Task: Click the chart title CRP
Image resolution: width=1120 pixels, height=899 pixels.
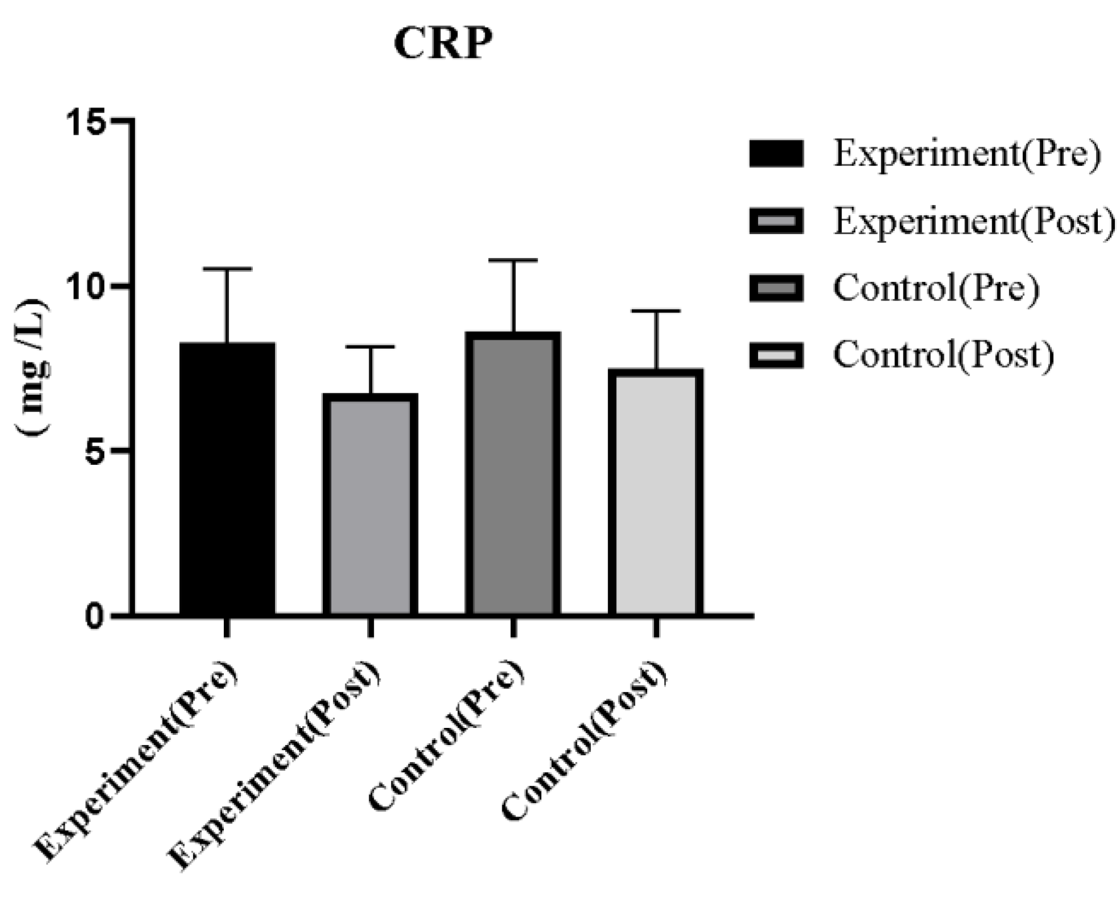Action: pyautogui.click(x=443, y=43)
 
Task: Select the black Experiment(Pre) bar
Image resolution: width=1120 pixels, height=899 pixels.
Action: pyautogui.click(x=227, y=477)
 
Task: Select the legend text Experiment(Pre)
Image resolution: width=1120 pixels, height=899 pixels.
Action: pyautogui.click(x=966, y=153)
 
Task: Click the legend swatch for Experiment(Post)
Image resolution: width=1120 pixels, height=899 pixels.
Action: pyautogui.click(x=776, y=221)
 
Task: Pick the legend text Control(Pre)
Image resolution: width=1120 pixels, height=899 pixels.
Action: pyautogui.click(x=935, y=288)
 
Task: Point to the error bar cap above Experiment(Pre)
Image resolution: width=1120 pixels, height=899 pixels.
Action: pyautogui.click(x=227, y=269)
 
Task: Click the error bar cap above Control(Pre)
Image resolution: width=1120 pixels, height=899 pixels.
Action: pyautogui.click(x=513, y=260)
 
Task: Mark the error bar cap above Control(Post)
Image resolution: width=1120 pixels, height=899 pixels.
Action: pyautogui.click(x=656, y=311)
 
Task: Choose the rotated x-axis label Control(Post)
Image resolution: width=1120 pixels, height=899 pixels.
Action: pyautogui.click(x=585, y=742)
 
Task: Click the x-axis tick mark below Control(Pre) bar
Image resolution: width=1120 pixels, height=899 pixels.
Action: pyautogui.click(x=513, y=627)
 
